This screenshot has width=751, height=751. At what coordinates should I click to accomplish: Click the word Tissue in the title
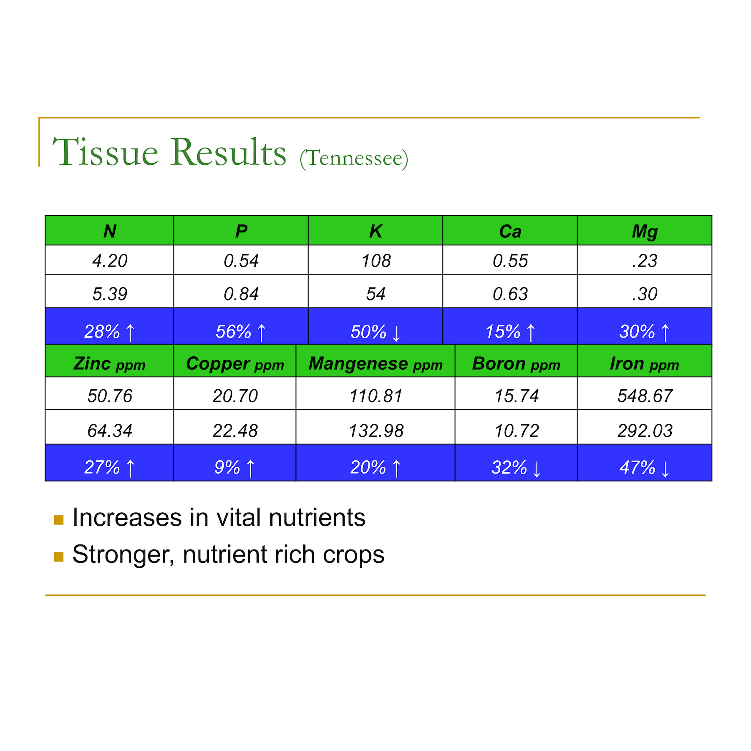(105, 152)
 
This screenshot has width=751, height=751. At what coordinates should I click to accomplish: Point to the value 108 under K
(376, 261)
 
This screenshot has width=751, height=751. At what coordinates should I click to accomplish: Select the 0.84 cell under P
(241, 294)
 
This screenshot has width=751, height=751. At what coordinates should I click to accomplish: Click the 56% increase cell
(241, 326)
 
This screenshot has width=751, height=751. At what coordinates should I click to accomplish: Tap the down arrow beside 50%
(396, 333)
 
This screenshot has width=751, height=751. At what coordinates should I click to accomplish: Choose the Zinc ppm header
(109, 364)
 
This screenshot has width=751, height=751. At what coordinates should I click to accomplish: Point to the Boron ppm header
(516, 364)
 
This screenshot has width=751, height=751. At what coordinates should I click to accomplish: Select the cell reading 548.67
(645, 396)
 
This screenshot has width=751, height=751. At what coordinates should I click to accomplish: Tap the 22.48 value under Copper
(235, 431)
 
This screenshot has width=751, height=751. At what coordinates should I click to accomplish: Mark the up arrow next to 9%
(250, 468)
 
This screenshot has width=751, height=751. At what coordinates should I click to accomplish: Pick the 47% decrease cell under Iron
(645, 463)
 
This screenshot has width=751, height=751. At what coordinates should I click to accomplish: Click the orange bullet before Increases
(59, 520)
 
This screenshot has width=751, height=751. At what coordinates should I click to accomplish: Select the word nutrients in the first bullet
(317, 518)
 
